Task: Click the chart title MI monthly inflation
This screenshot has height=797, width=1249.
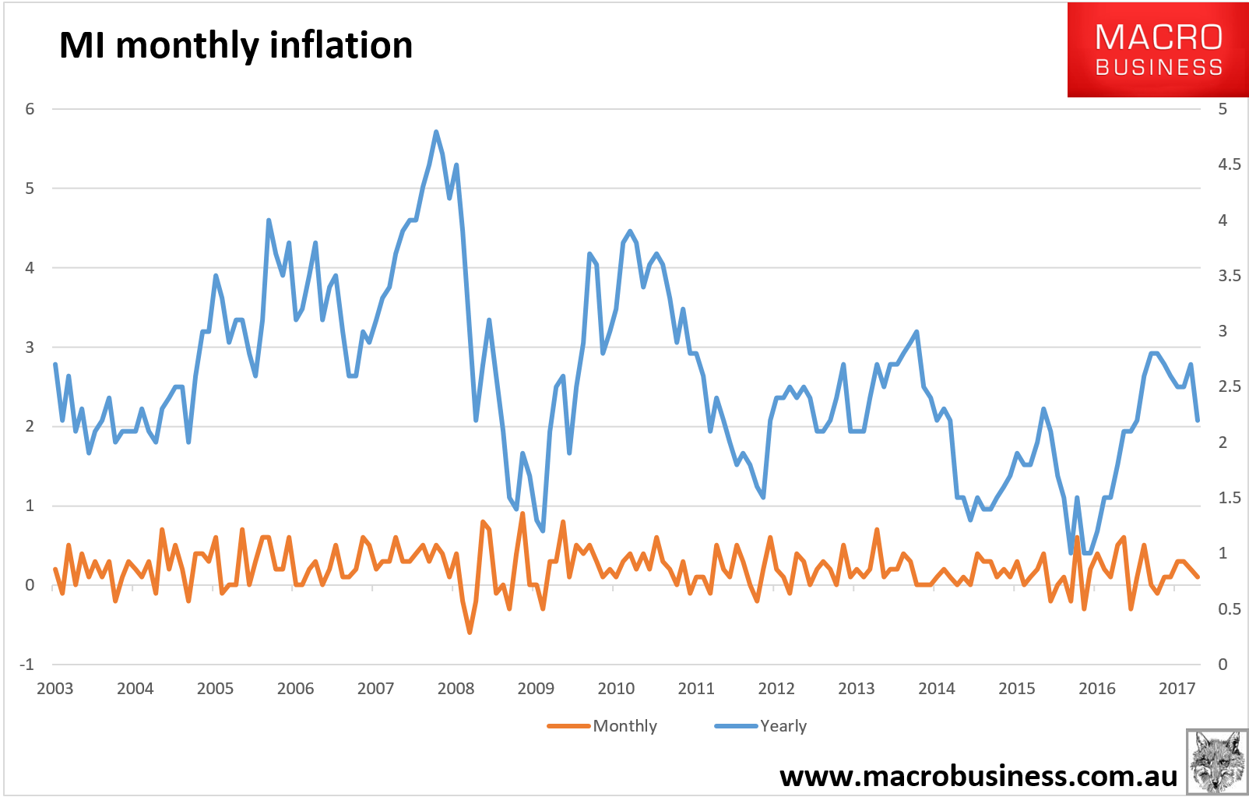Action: (x=235, y=45)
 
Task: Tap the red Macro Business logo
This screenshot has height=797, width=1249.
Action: (x=1158, y=50)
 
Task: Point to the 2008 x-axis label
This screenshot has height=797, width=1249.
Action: (x=456, y=689)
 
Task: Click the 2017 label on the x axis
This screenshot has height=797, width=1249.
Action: (x=1177, y=689)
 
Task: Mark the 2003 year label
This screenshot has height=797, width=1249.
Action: (x=55, y=689)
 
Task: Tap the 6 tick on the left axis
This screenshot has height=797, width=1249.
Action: (x=30, y=109)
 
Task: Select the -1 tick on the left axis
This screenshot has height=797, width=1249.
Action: (x=26, y=665)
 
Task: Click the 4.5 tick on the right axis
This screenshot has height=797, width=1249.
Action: (x=1230, y=164)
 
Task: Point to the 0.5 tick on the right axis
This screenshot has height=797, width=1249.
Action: (x=1230, y=609)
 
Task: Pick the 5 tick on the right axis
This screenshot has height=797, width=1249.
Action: (x=1223, y=109)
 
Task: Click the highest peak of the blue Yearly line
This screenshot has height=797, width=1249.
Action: (x=436, y=132)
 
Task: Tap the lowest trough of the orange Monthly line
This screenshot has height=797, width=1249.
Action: (x=470, y=633)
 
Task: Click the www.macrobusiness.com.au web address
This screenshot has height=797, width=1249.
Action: (x=978, y=776)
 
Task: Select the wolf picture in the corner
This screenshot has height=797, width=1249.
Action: (x=1216, y=762)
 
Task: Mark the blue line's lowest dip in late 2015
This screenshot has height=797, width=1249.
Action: (x=1071, y=552)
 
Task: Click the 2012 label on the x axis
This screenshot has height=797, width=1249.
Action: (x=776, y=689)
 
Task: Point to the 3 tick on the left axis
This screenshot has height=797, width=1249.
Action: (x=30, y=347)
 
